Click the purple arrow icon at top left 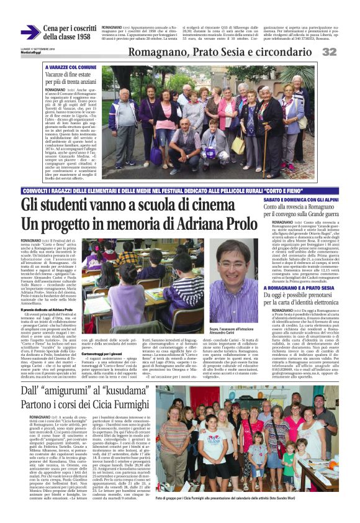pos(30,33)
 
